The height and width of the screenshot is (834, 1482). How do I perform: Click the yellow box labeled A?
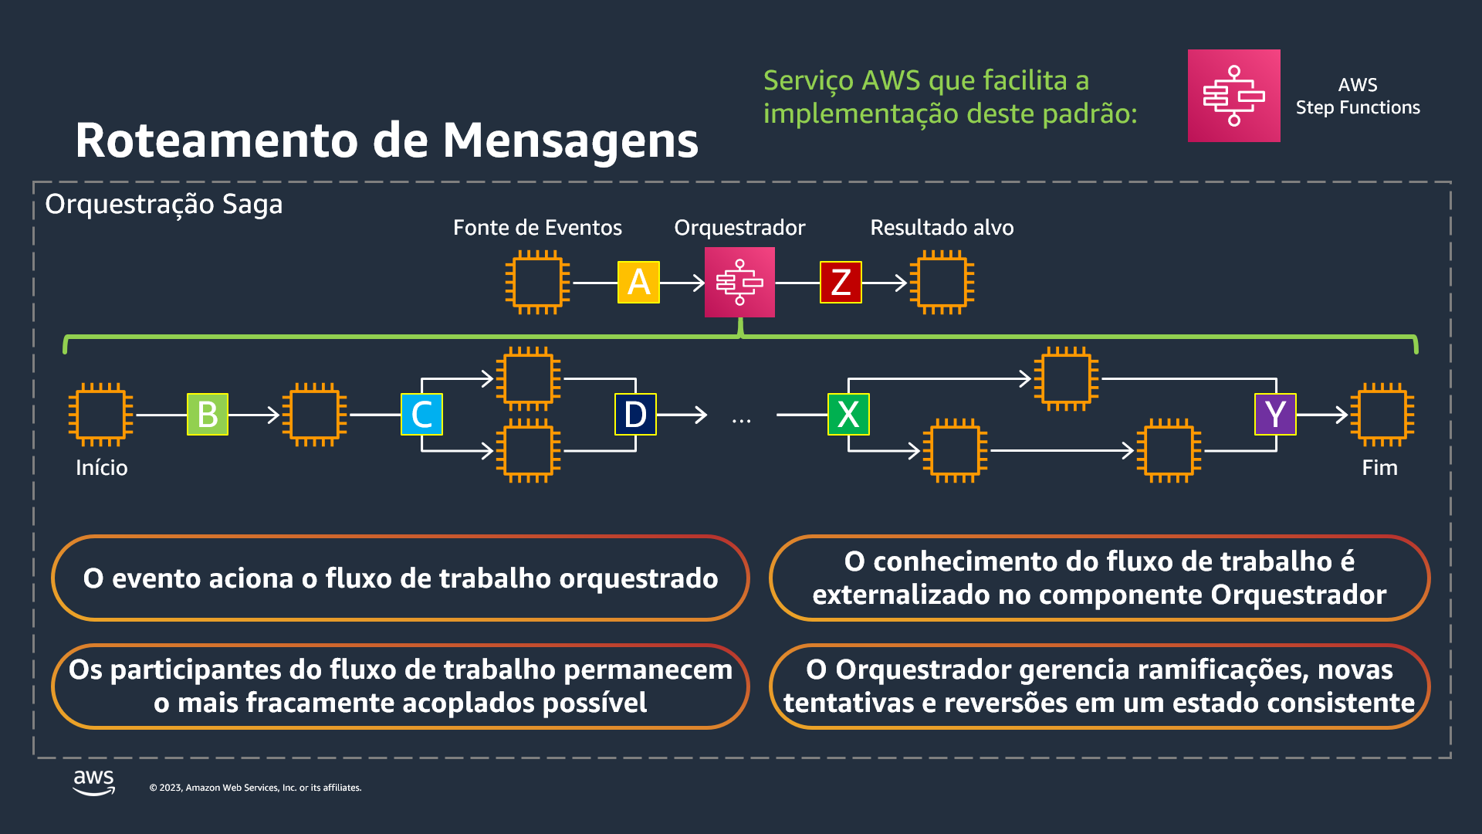[x=638, y=283]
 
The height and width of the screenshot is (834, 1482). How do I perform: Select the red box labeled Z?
[x=841, y=283]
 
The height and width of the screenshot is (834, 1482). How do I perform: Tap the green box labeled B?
[x=208, y=415]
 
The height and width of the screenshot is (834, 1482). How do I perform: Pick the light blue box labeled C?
[x=421, y=415]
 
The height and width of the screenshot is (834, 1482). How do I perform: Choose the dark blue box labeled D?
[x=635, y=415]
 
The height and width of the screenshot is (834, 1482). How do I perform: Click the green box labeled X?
[x=848, y=415]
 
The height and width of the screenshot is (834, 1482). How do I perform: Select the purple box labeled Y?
[x=1275, y=415]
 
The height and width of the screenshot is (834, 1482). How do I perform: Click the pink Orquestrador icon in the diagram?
[x=739, y=283]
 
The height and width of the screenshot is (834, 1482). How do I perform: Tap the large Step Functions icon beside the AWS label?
[x=1233, y=96]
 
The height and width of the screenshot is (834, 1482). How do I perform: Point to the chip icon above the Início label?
[x=100, y=415]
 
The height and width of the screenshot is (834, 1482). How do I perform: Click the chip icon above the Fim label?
[x=1382, y=415]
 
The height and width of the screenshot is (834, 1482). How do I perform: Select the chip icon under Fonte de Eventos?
[x=537, y=283]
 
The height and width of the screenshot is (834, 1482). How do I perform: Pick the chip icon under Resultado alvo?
[x=942, y=283]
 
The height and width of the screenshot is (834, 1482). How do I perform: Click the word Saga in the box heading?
[x=252, y=205]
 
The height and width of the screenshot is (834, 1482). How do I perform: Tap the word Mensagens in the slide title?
[x=570, y=141]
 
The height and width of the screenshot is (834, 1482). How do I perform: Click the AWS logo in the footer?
[x=94, y=781]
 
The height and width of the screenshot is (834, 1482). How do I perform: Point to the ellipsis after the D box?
[x=741, y=421]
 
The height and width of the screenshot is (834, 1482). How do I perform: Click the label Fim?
[x=1379, y=468]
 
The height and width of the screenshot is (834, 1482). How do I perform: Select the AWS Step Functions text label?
[x=1358, y=96]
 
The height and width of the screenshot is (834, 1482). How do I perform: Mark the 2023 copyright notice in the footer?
[x=255, y=788]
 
